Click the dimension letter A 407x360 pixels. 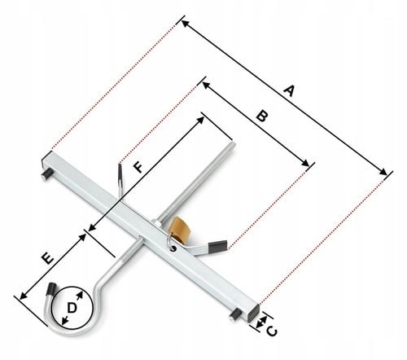click(289, 90)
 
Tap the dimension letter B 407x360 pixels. click(262, 116)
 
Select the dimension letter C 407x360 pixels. click(272, 331)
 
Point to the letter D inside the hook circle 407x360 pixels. click(72, 308)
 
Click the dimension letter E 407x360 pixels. click(47, 258)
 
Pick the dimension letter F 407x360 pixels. click(139, 167)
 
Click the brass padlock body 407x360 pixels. click(179, 229)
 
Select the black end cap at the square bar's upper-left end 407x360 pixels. click(46, 159)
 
